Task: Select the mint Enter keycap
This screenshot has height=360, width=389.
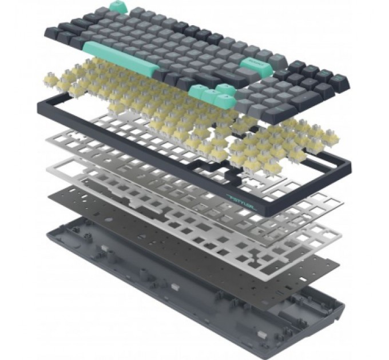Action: coord(252,65)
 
